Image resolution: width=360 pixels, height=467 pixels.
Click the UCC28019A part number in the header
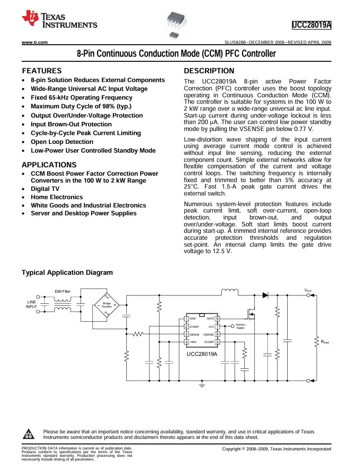(x=312, y=24)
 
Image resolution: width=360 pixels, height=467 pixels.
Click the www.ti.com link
(x=35, y=42)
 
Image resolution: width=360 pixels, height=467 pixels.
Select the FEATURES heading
(x=41, y=71)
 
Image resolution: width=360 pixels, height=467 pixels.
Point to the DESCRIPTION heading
(x=209, y=71)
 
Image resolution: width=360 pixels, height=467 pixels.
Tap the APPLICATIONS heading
(x=49, y=165)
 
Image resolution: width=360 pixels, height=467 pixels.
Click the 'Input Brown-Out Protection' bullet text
(x=71, y=124)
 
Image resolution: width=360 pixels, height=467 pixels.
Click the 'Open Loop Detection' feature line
(x=62, y=142)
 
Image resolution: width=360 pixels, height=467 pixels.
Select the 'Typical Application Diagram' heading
(x=67, y=272)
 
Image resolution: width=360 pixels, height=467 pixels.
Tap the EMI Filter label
(x=63, y=291)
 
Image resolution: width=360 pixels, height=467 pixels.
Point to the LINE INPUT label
(x=32, y=304)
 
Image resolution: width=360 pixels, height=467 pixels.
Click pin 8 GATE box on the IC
(x=218, y=319)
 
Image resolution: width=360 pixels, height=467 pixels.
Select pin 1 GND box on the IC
(x=186, y=319)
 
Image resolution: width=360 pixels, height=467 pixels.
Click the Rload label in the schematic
(x=325, y=342)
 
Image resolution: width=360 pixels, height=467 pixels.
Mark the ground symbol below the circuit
(x=201, y=384)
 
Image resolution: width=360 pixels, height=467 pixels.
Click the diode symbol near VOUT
(x=266, y=295)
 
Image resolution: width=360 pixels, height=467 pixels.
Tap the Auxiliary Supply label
(x=240, y=326)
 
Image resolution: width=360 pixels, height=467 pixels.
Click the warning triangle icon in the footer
(x=29, y=434)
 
